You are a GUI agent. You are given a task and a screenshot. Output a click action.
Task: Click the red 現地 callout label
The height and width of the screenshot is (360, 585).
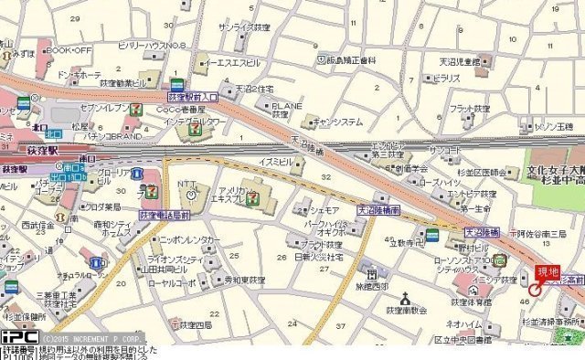tap(548, 270)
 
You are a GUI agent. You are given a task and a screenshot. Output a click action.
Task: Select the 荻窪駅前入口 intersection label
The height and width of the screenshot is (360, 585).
tap(192, 96)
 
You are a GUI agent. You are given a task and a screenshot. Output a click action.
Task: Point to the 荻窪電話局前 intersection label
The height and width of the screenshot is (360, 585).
tap(164, 214)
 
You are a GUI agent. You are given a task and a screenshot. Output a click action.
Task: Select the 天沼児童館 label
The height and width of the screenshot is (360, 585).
tap(459, 61)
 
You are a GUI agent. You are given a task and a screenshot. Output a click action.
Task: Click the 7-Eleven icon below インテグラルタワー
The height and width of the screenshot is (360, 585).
tap(194, 131)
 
